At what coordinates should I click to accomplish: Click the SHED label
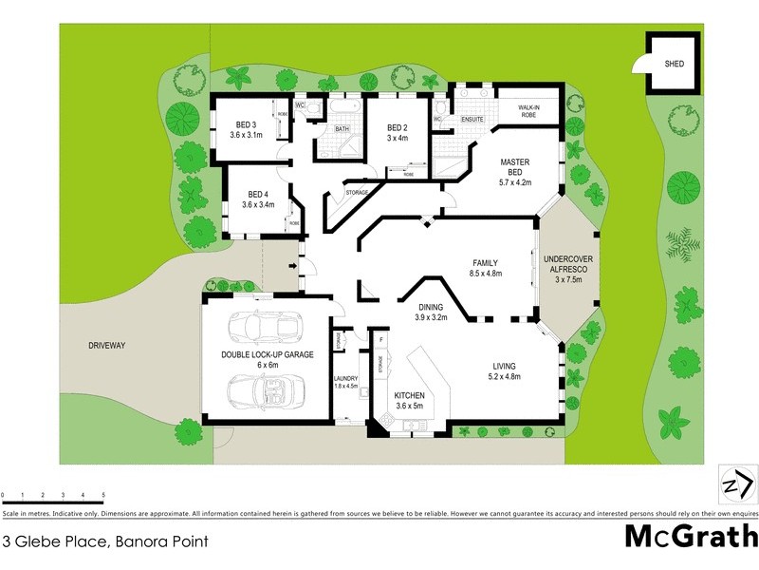point(675,65)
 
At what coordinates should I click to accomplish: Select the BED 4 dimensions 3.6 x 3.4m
point(258,204)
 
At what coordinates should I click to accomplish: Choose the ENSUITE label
point(472,120)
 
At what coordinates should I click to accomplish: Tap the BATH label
point(342,128)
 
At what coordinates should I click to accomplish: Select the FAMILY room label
point(486,263)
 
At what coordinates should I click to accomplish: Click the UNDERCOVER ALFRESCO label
point(566,264)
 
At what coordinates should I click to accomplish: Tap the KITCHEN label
point(410,395)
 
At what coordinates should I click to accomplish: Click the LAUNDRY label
point(345,378)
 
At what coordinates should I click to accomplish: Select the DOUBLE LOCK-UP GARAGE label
point(268,355)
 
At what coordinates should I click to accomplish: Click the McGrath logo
point(691,535)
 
